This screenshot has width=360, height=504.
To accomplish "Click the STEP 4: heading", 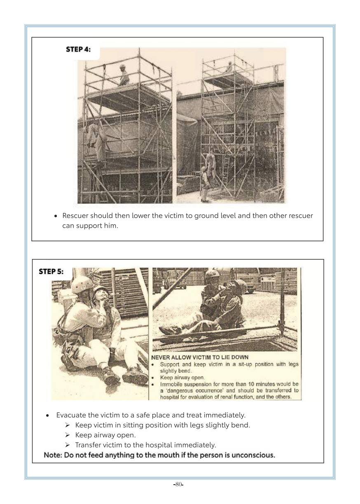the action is [78, 49].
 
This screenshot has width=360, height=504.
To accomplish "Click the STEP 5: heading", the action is [51, 271].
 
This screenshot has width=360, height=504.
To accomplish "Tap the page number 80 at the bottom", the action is [178, 484].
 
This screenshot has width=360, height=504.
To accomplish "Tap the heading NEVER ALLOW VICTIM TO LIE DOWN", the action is [200, 357].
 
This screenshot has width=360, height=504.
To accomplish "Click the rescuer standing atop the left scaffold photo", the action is [123, 75].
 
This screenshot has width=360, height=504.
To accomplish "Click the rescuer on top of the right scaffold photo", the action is [229, 67].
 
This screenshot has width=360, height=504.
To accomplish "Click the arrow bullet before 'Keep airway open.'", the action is [68, 435].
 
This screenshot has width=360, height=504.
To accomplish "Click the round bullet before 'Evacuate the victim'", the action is [47, 415].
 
